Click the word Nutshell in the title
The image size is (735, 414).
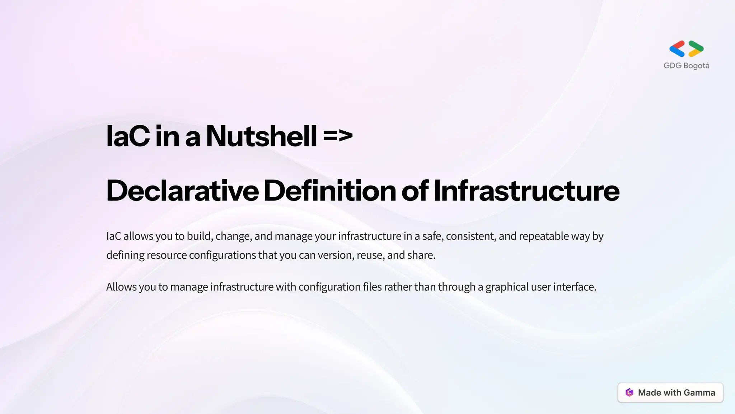261,137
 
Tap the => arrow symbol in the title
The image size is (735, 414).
338,136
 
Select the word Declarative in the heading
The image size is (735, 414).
182,191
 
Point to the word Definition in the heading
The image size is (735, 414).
330,191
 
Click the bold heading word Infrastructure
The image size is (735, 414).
526,191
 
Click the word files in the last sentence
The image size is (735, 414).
372,287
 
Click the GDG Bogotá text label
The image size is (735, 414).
686,66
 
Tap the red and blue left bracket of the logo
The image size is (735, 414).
677,49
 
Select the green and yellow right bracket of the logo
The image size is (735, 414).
696,49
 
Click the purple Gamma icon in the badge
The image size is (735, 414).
629,392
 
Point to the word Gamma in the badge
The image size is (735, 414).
699,392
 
